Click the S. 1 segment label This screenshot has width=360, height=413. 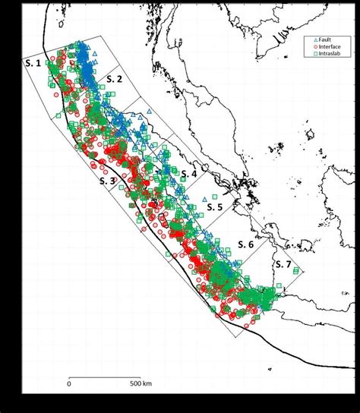[33, 64]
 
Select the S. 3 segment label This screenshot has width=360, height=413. [107, 181]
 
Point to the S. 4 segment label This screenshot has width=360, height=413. [189, 174]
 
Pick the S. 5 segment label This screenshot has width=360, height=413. [215, 206]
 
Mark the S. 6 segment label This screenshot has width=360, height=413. [245, 244]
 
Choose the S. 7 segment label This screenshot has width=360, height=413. [283, 263]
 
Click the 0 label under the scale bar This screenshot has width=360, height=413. [69, 383]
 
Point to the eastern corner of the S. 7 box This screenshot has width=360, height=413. [303, 271]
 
